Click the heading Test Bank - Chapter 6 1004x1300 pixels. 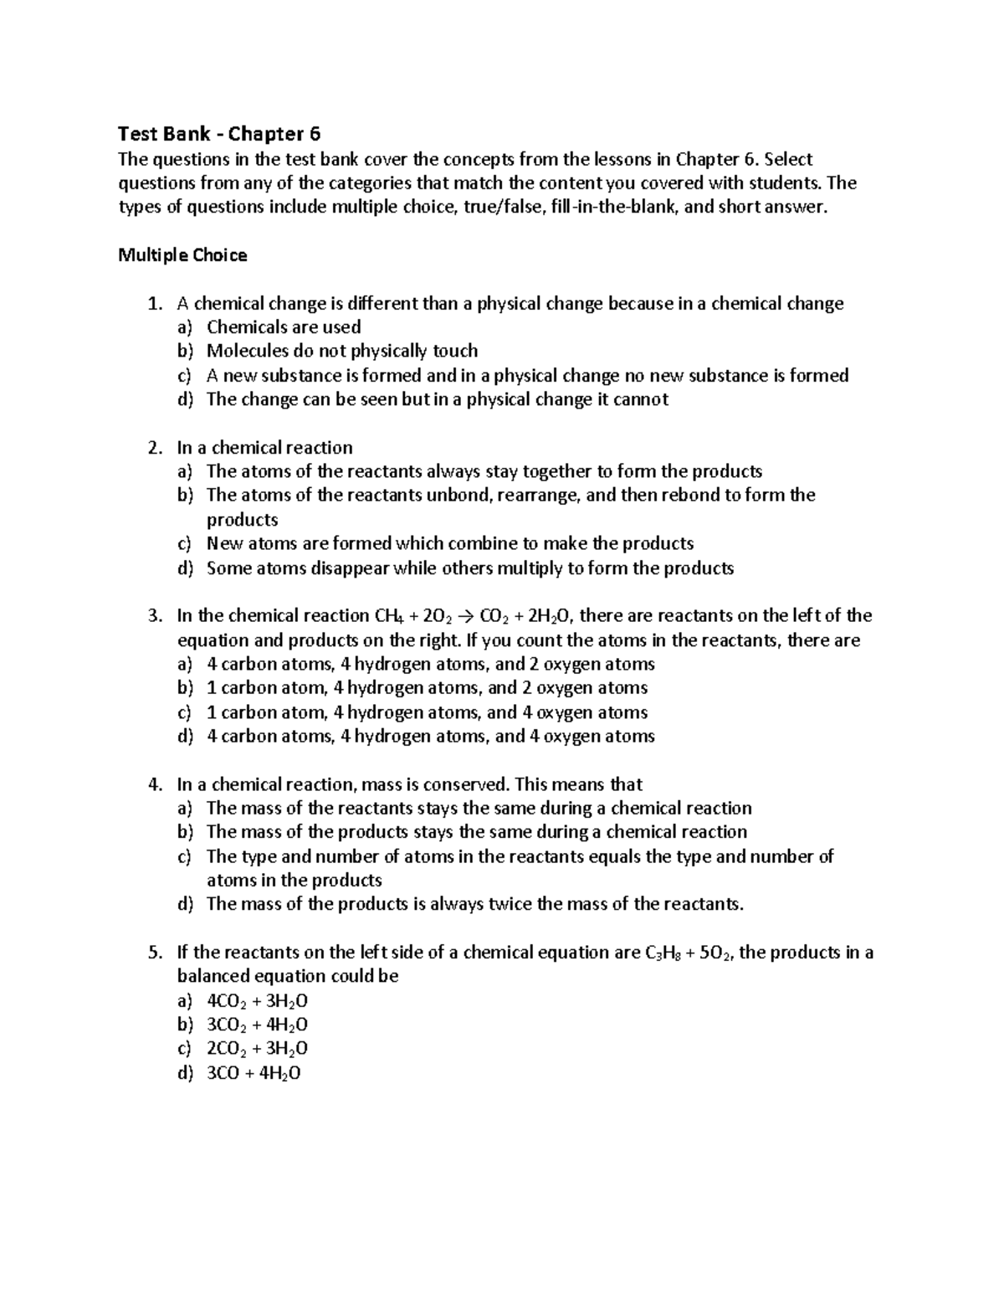[x=219, y=134]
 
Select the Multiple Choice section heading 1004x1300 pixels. [x=182, y=255]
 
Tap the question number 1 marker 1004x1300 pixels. [x=154, y=304]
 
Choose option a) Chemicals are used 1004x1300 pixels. [x=284, y=327]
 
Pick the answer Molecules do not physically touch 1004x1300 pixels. [x=342, y=351]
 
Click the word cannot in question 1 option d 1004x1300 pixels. [x=640, y=399]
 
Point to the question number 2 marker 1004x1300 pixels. [x=154, y=448]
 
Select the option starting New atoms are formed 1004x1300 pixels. [x=449, y=544]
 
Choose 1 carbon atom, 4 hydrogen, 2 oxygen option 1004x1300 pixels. [x=427, y=688]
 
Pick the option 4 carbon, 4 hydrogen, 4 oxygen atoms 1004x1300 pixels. [x=430, y=737]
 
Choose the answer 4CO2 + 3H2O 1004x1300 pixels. [x=257, y=1001]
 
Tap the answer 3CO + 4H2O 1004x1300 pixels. [x=253, y=1073]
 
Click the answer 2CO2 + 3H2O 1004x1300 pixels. [x=257, y=1049]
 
